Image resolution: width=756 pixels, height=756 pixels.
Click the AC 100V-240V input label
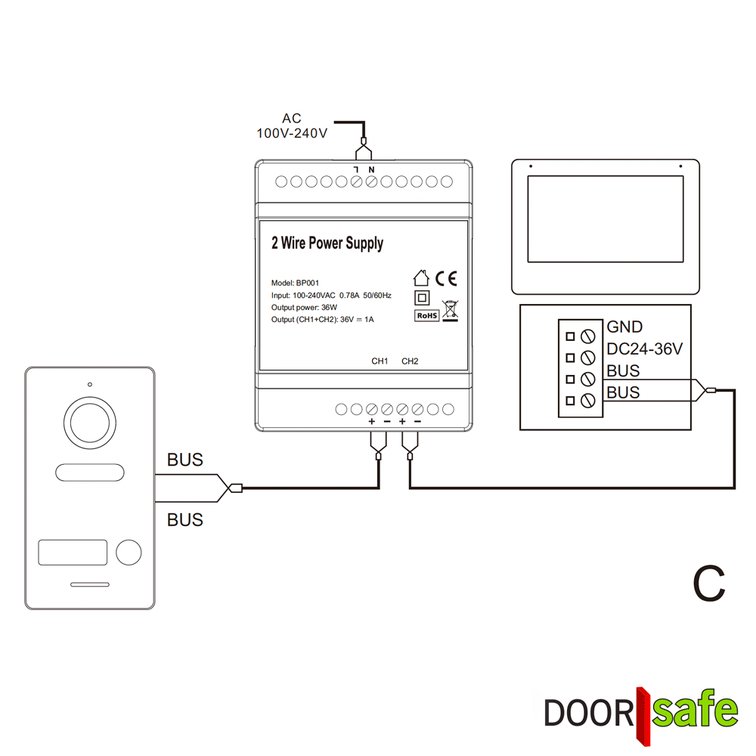click(x=292, y=125)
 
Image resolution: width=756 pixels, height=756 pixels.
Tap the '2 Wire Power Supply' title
click(x=327, y=243)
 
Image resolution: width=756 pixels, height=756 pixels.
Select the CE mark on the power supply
click(x=446, y=279)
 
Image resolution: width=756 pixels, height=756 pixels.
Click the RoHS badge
click(x=426, y=316)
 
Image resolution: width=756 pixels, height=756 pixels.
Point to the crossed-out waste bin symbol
click(x=451, y=311)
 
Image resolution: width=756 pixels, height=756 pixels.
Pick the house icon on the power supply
click(x=421, y=277)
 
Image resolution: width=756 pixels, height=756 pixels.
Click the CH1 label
click(x=380, y=361)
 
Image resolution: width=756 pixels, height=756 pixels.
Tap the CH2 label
click(x=410, y=361)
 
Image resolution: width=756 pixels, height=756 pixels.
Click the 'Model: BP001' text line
click(x=295, y=283)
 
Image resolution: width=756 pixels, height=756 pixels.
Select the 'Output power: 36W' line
click(x=304, y=308)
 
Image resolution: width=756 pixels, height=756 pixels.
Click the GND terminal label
click(x=624, y=327)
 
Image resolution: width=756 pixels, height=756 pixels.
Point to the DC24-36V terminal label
click(x=645, y=349)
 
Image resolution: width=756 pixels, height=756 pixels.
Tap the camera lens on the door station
click(x=90, y=423)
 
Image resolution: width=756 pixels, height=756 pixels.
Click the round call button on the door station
click(x=129, y=552)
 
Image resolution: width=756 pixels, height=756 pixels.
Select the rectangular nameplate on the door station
click(x=73, y=553)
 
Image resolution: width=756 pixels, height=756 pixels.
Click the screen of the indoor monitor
click(x=606, y=219)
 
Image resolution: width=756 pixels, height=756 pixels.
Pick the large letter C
click(x=709, y=584)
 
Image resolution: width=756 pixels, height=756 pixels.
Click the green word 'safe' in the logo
click(x=695, y=710)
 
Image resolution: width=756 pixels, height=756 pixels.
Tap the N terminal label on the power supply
click(x=371, y=169)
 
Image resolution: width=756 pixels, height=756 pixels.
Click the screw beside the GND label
click(x=587, y=336)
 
